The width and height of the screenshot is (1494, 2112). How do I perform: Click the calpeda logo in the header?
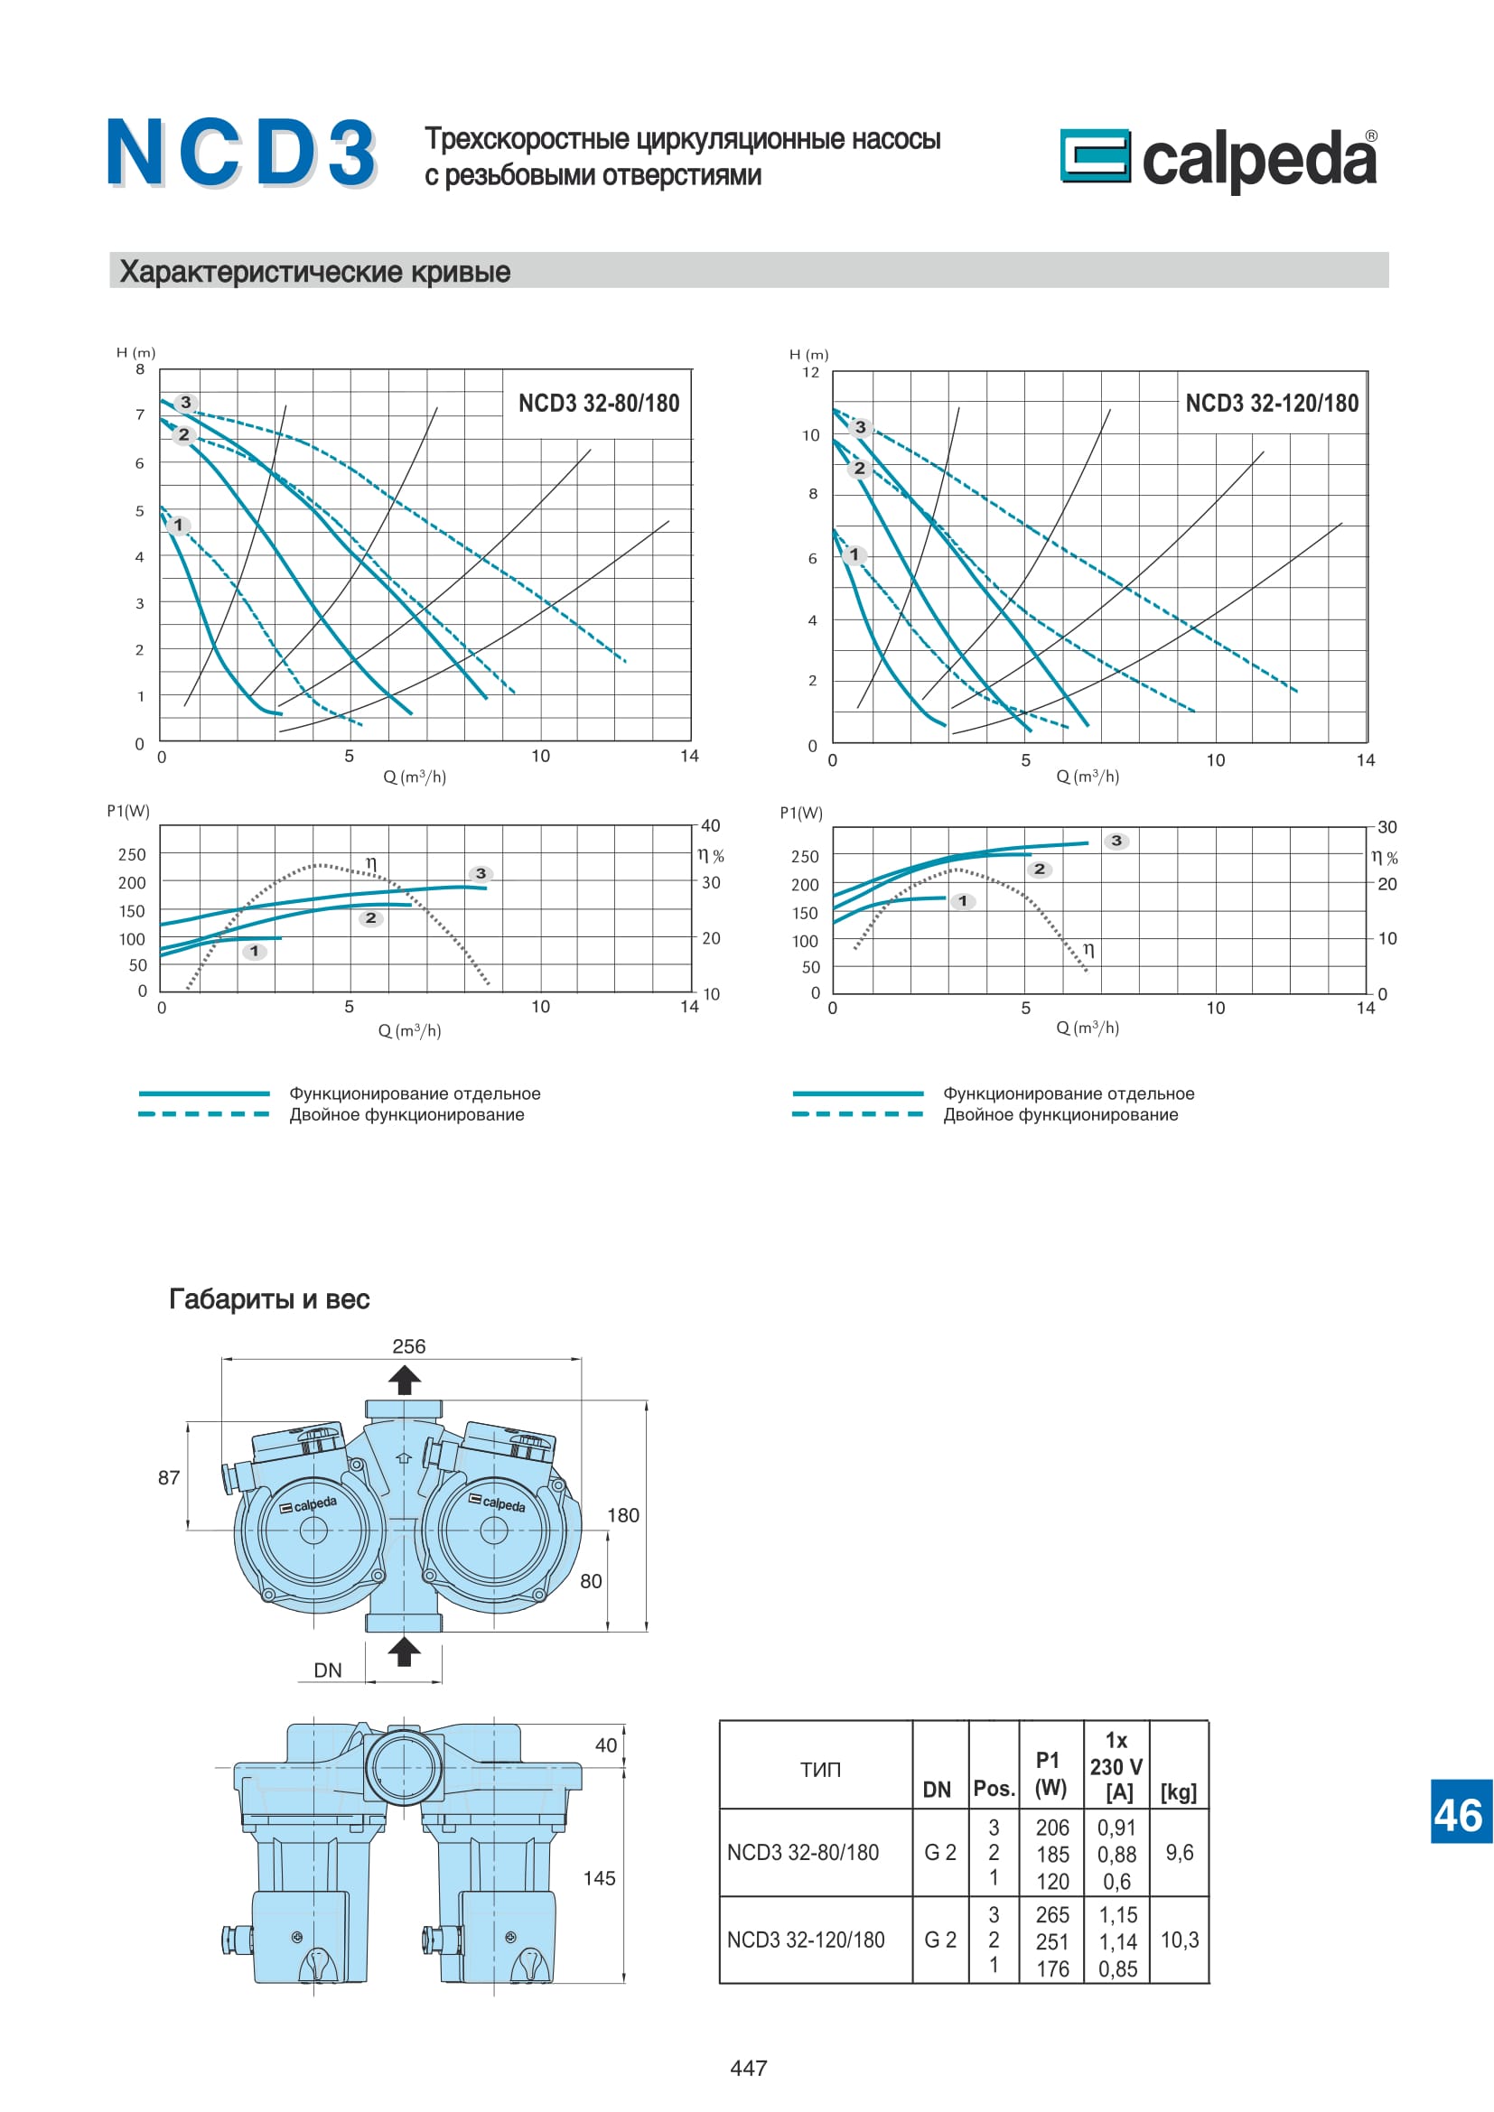point(1218,158)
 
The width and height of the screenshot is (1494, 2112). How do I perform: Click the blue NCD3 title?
point(241,154)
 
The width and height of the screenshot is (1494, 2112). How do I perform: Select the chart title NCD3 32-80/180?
point(599,403)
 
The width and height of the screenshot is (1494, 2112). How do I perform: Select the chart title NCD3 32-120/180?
point(1272,403)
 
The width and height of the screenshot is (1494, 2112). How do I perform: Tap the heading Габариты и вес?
point(268,1298)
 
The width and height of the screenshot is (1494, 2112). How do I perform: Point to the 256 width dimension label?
point(408,1345)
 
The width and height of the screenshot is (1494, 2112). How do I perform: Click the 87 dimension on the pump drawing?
point(169,1477)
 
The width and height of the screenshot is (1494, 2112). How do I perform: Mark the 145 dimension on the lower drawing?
point(599,1878)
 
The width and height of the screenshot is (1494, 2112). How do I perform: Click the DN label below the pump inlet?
point(328,1670)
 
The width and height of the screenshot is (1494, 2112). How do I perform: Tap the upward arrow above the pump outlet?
point(404,1380)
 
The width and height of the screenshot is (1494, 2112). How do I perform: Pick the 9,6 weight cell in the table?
point(1180,1852)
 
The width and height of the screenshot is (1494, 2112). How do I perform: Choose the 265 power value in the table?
point(1052,1914)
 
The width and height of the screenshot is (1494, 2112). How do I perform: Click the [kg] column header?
point(1179,1791)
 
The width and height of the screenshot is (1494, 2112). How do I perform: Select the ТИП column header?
point(819,1770)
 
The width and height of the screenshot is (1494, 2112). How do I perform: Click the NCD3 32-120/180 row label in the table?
point(806,1940)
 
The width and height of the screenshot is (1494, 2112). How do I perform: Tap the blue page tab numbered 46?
point(1460,1815)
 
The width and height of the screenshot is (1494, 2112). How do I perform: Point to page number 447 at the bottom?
point(748,2068)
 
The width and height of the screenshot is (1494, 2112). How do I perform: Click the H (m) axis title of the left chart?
point(136,352)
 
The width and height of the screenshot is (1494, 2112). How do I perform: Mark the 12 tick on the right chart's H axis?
point(810,373)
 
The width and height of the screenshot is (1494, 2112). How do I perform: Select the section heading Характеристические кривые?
point(314,272)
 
